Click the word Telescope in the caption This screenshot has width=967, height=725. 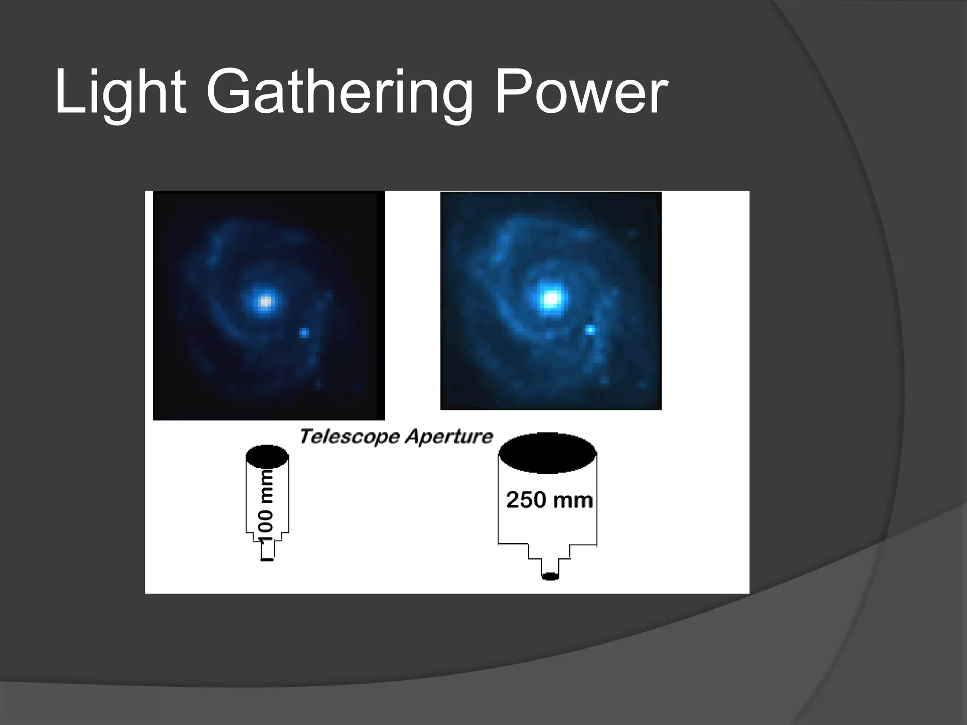tap(349, 437)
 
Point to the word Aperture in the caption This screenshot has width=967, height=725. tap(449, 437)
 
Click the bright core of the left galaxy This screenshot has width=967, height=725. tap(266, 301)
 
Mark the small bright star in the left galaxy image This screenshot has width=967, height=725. tap(304, 333)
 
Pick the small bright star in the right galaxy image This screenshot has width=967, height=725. tap(590, 329)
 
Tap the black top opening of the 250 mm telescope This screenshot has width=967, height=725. tap(548, 453)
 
